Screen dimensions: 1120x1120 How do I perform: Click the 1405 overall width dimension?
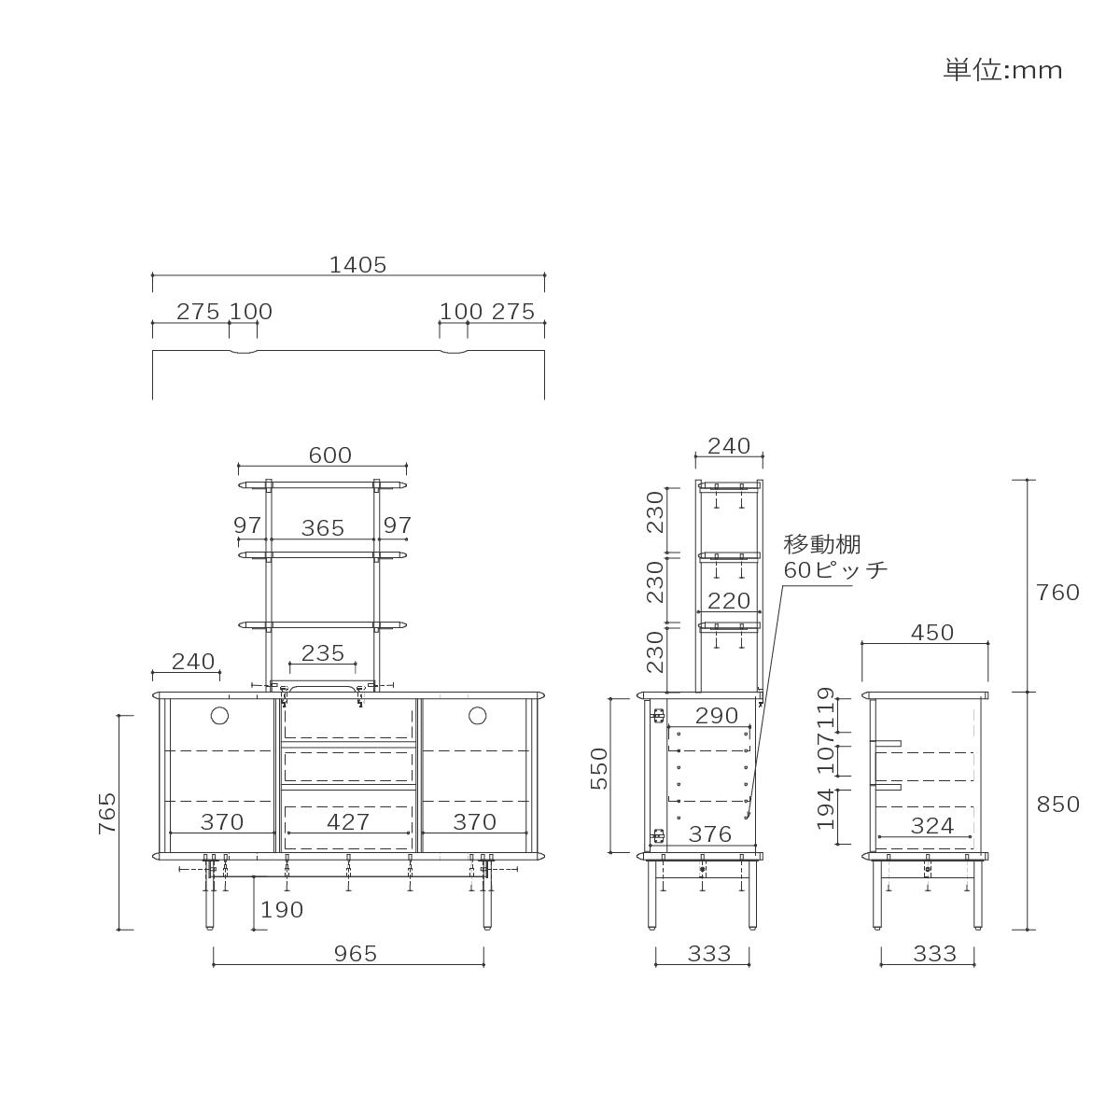357,265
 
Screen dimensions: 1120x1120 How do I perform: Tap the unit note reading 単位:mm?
1002,70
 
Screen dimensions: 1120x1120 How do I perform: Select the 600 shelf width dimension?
329,455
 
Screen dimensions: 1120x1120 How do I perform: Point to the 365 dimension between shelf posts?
323,527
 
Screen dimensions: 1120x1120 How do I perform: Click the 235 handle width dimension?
323,652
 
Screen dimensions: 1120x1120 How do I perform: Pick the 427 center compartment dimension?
347,822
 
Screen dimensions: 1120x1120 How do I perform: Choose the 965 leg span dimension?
355,954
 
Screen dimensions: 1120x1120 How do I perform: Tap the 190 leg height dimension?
281,910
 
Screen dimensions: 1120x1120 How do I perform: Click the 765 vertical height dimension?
107,813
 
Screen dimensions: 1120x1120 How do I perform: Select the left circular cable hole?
219,716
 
